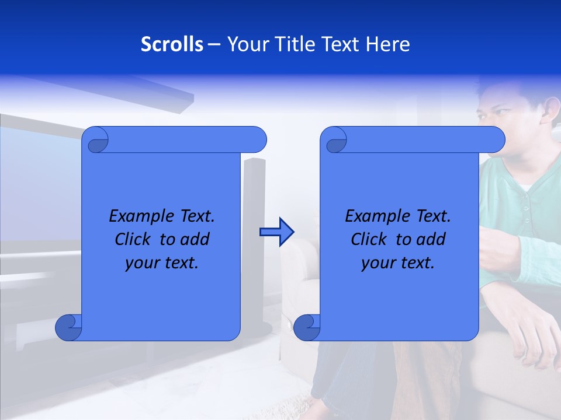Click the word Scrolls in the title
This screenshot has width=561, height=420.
[x=172, y=44]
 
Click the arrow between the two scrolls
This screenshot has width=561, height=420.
[x=276, y=232]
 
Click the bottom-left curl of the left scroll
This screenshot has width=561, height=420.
[x=68, y=328]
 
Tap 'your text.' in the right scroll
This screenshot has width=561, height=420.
[x=397, y=262]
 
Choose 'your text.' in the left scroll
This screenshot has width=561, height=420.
[x=162, y=262]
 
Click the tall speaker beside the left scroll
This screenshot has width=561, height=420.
[x=255, y=233]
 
